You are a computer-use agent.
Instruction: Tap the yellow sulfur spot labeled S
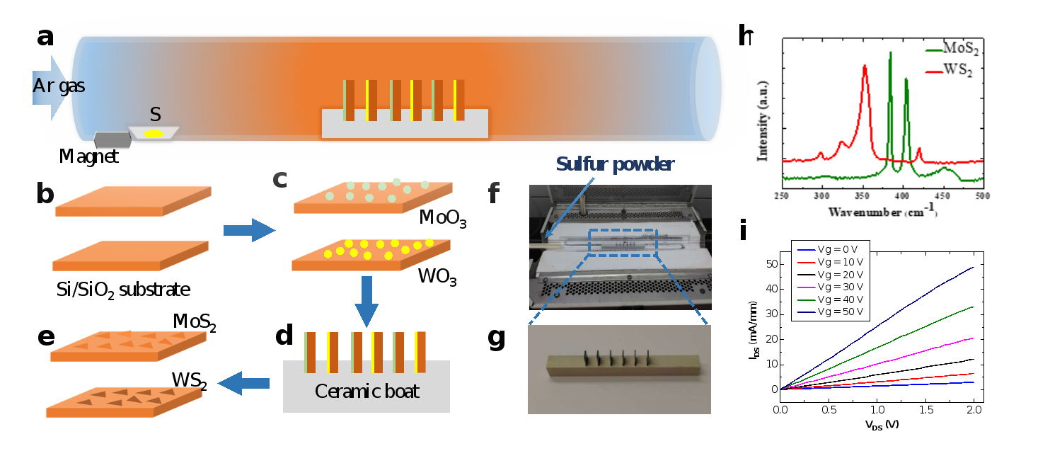point(154,133)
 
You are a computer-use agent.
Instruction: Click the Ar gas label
point(59,86)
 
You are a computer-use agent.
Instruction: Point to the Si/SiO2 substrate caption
point(122,290)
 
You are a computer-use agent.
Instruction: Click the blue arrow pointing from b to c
point(248,229)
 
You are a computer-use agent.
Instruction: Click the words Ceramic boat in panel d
point(367,391)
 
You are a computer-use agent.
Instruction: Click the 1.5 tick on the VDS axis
point(925,410)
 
